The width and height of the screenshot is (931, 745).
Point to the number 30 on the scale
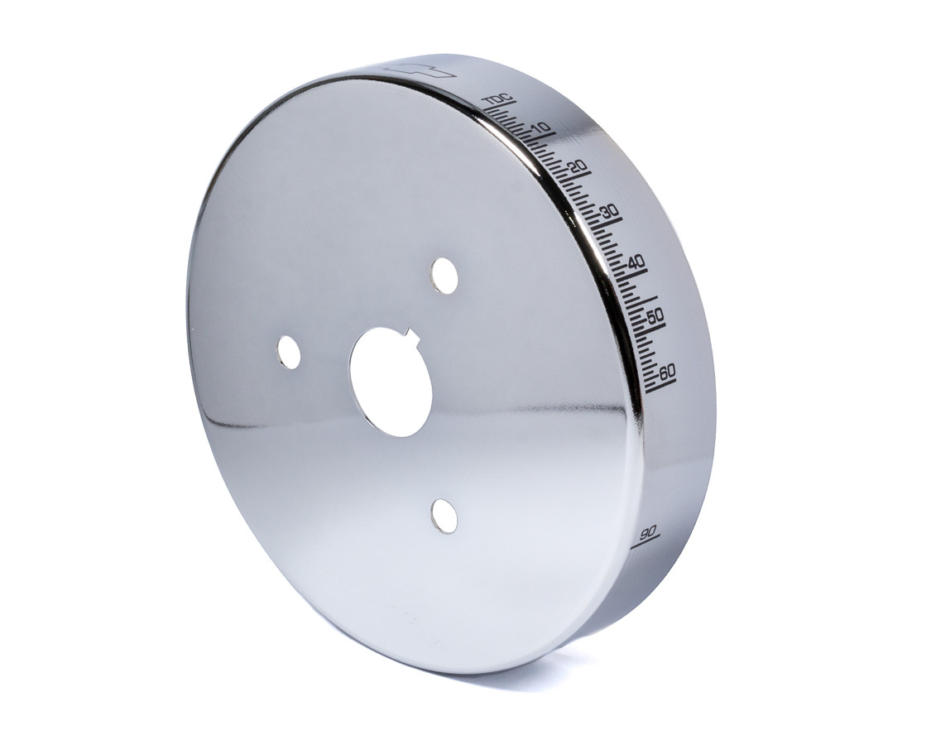(611, 212)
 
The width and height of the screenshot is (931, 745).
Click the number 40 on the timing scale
(636, 262)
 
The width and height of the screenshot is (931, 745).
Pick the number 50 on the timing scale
(655, 315)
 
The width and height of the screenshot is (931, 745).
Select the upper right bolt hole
(444, 276)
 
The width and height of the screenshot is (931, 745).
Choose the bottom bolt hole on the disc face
(444, 516)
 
